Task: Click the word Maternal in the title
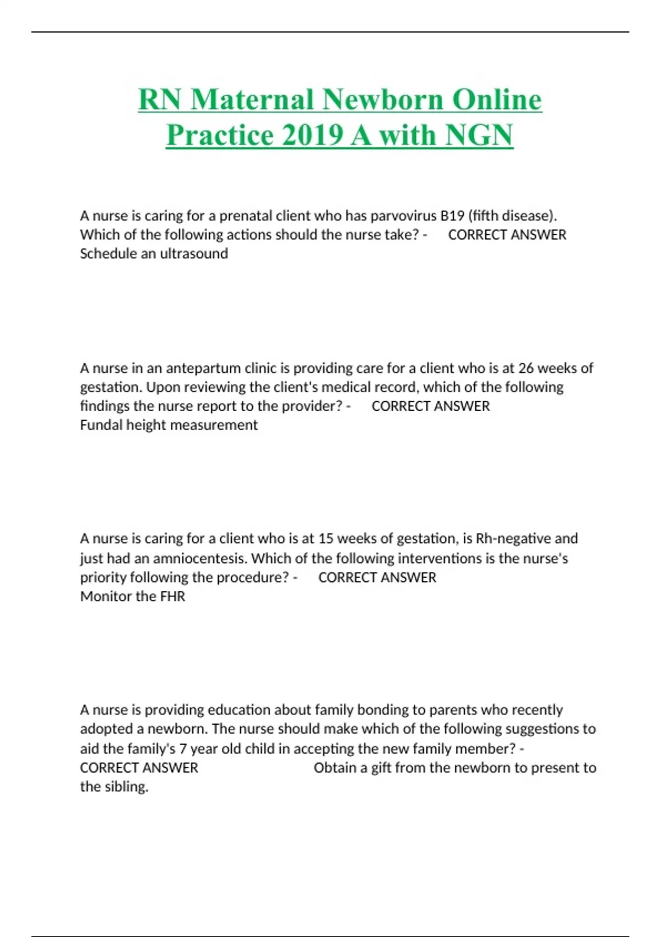click(253, 100)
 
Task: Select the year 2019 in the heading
click(312, 136)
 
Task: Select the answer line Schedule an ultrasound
click(154, 254)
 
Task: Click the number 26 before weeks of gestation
click(525, 368)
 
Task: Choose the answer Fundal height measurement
click(169, 425)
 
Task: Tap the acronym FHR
click(172, 596)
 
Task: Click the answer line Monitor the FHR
click(132, 596)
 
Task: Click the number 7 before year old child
click(183, 748)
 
